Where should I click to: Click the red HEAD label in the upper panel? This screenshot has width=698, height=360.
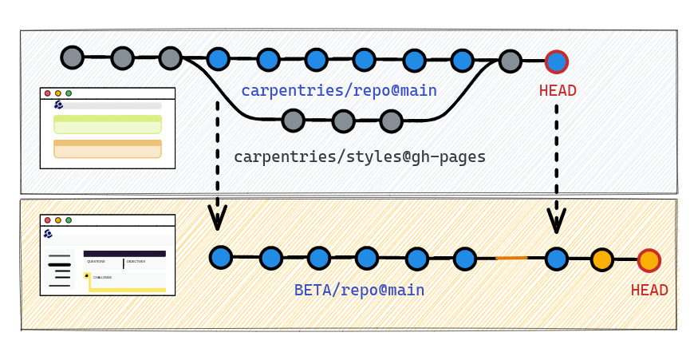click(x=558, y=90)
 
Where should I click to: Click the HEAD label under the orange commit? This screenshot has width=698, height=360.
click(x=649, y=290)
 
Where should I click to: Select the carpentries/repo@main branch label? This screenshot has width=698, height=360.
click(x=339, y=90)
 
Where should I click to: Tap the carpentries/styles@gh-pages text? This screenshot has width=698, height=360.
click(x=360, y=156)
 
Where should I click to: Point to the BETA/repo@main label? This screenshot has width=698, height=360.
click(x=359, y=290)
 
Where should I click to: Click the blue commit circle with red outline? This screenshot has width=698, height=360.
click(x=557, y=61)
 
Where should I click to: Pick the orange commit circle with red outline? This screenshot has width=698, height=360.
click(x=649, y=260)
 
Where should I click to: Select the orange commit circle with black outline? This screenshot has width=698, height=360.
click(x=602, y=259)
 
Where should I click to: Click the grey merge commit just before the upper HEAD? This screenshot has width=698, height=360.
click(x=511, y=61)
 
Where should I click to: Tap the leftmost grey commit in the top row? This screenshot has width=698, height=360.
click(x=73, y=57)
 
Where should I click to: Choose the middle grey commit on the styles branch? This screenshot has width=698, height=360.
click(x=343, y=121)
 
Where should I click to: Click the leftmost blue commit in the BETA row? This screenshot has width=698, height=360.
click(x=221, y=257)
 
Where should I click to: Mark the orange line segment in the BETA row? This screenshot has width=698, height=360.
click(x=511, y=258)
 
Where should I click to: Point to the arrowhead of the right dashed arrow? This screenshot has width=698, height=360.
click(x=556, y=221)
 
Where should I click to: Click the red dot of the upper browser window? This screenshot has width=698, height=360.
click(x=47, y=93)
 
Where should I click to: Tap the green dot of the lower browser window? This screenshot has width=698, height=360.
click(x=69, y=220)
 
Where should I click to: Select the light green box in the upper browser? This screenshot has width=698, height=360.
click(x=108, y=124)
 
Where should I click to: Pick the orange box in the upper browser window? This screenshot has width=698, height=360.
click(x=108, y=149)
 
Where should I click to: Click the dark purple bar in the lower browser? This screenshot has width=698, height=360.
click(x=124, y=254)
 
